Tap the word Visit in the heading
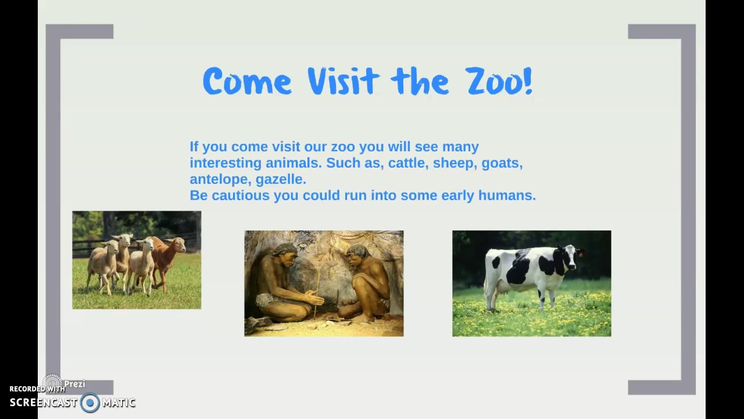343,81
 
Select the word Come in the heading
247,81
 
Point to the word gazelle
281,179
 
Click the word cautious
241,196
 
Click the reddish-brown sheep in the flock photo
169,256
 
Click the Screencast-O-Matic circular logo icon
90,403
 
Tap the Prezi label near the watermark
74,384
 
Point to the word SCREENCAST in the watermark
43,403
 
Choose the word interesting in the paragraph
226,163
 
